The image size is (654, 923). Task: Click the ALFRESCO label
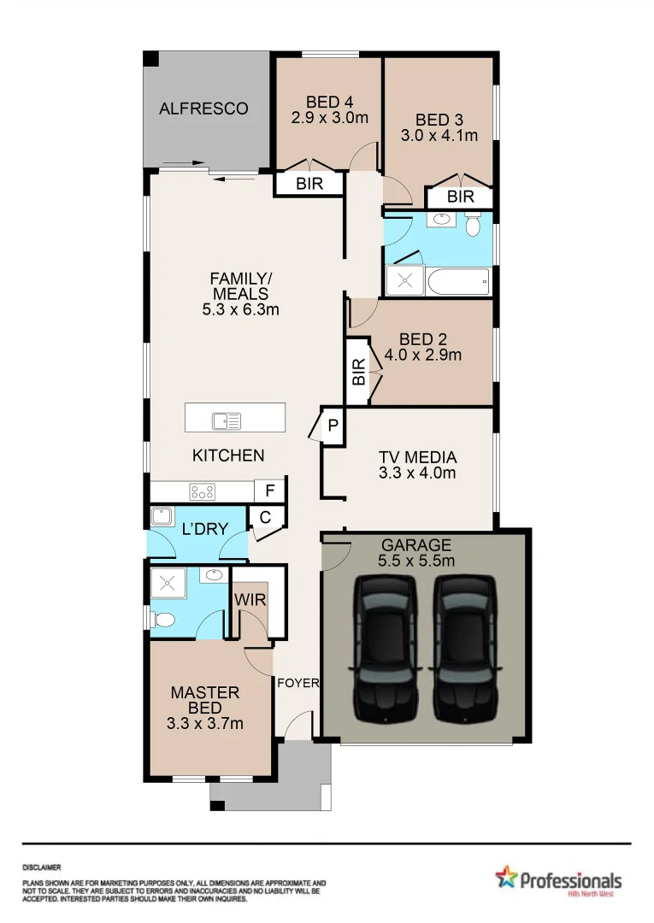pos(203,109)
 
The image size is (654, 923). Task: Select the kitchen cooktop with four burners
pos(203,492)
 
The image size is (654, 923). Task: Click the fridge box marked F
pos(269,491)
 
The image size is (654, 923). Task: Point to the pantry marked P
pos(332,426)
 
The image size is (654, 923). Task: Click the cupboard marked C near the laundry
pos(264,517)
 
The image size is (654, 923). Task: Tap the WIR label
pos(250,600)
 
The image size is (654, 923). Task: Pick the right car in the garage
pos(464,648)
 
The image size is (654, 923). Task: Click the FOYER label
pos(298,683)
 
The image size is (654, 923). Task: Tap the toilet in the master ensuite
pos(162,619)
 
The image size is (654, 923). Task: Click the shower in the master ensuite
pos(168,584)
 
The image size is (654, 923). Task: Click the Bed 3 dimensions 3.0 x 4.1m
pos(439,135)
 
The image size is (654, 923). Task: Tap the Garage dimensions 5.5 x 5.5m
pos(416,561)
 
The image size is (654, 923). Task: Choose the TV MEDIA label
pos(417,457)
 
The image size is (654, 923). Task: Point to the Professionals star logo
pos(506,877)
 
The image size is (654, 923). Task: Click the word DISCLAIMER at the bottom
pos(41,867)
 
